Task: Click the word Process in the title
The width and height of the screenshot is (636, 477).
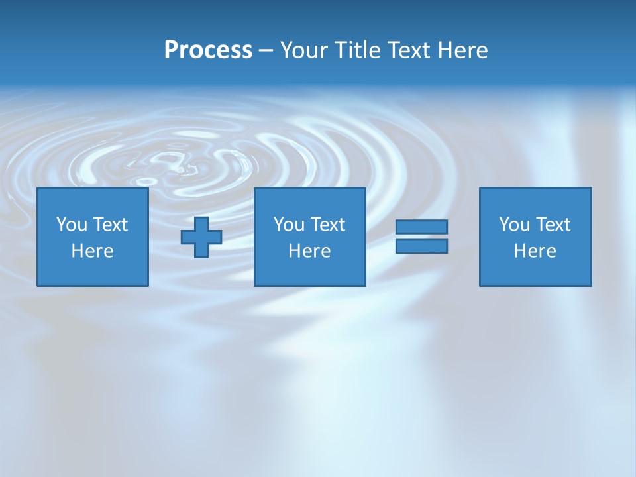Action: point(208,50)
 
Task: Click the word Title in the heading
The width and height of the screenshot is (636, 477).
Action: point(358,50)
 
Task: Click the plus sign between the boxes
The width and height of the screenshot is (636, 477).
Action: point(201,237)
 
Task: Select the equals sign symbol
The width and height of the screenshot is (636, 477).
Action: point(421,237)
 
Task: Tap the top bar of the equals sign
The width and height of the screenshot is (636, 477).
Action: point(421,227)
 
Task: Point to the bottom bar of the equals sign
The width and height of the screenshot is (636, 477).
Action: point(421,246)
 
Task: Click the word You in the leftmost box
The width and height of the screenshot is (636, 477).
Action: point(72,225)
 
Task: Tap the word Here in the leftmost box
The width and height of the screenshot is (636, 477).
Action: point(93,251)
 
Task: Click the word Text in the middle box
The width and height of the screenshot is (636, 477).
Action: point(328,225)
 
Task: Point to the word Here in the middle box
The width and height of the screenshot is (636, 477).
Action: point(310,251)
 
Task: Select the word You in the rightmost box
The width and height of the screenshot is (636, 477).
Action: point(514,225)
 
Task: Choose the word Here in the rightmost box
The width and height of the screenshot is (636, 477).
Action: point(535,251)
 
